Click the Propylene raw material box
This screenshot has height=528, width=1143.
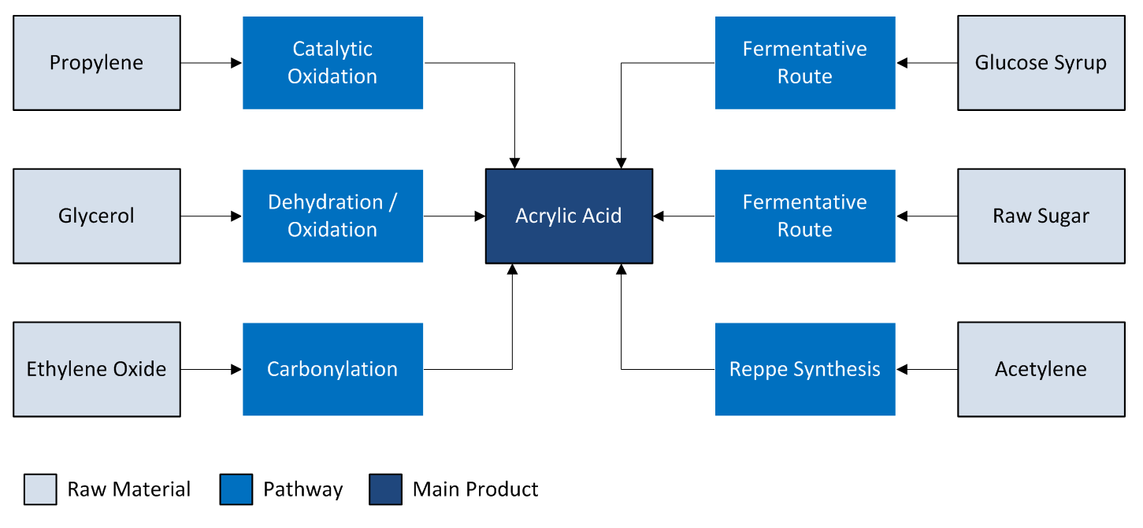tap(97, 63)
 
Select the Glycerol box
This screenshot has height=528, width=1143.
tap(97, 216)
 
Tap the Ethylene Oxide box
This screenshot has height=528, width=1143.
tap(97, 370)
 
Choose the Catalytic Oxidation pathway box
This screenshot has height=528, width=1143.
tap(332, 63)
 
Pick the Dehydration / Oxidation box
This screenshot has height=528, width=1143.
tap(332, 216)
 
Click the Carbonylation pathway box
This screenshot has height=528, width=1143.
tap(332, 370)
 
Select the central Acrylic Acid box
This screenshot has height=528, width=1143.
tap(569, 216)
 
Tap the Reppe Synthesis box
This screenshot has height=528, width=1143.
tap(805, 370)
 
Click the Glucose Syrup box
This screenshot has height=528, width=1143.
tap(1041, 63)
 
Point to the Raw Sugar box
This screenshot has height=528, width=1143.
tap(1041, 216)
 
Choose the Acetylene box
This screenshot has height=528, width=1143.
tap(1041, 370)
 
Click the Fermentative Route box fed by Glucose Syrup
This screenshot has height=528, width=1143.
tap(805, 63)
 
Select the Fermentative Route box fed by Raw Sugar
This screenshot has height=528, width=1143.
tap(805, 216)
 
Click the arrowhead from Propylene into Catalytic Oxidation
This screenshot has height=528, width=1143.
tap(236, 63)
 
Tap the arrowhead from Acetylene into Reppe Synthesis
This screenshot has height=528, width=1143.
tap(902, 370)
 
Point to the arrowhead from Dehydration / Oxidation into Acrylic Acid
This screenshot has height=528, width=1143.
tap(480, 216)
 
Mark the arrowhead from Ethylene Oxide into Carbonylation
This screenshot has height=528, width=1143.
tap(236, 370)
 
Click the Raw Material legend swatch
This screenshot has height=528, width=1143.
tap(40, 489)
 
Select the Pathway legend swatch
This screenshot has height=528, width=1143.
tap(236, 489)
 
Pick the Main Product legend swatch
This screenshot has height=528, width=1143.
tap(386, 489)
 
